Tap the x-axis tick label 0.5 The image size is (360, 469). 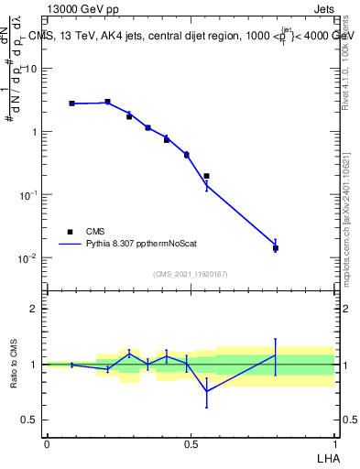[191, 443]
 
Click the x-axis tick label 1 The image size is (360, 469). [333, 443]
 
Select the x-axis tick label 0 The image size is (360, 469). [47, 443]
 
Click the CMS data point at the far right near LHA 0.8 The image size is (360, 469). [276, 248]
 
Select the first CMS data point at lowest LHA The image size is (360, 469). [71, 104]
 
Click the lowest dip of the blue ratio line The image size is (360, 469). [206, 391]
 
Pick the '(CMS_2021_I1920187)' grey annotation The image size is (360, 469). [190, 274]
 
